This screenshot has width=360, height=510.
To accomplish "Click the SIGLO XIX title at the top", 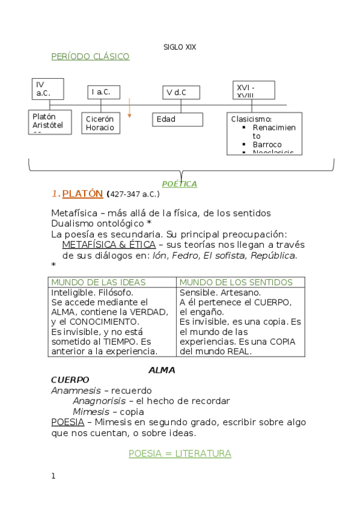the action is (180, 46).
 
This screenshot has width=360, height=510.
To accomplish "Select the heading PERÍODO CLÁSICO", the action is (90, 57).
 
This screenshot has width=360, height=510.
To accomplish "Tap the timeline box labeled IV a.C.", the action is (48, 88).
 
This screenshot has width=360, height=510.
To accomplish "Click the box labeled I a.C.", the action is (103, 92).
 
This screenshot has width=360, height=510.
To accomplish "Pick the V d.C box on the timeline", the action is (182, 93).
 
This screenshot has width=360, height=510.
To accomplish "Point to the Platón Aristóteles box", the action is (50, 121).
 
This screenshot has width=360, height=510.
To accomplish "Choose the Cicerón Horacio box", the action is (100, 123).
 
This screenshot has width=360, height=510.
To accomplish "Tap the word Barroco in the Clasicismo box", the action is (267, 144).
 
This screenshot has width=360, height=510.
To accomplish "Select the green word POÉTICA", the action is (180, 183).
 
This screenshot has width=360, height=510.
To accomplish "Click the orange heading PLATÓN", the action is (83, 194).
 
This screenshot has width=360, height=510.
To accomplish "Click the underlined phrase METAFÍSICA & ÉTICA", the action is (109, 245).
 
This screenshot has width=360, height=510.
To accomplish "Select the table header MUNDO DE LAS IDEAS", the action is (90, 282).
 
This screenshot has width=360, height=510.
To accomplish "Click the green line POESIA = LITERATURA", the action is (180, 453).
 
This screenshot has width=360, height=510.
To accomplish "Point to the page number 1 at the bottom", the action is (53, 476).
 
